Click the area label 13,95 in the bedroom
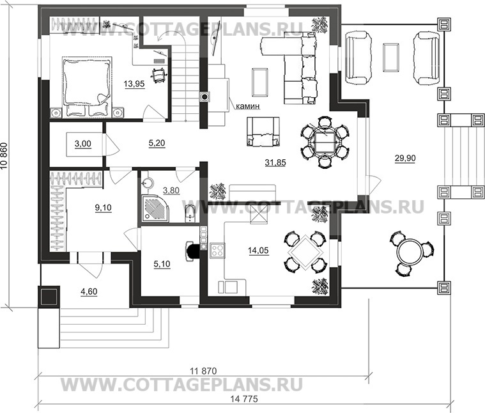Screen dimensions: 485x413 134,84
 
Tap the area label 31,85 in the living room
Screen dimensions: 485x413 275,162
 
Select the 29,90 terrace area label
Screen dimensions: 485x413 405,158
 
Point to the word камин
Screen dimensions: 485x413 248,106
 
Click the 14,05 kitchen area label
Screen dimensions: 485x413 258,250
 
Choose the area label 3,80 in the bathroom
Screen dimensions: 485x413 171,191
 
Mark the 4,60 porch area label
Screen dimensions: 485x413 89,292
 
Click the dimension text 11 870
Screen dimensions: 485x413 203,371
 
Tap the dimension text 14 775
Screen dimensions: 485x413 244,399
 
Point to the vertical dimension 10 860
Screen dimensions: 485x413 4,156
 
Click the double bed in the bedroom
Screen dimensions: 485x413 87,87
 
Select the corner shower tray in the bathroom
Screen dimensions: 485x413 155,208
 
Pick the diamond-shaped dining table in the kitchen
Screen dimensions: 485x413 305,253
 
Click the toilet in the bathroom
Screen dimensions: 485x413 189,214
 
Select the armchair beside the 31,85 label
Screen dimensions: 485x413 263,132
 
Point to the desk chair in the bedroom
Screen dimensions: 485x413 159,74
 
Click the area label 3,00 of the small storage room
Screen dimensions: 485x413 83,144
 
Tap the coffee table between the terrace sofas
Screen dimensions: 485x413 390,58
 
